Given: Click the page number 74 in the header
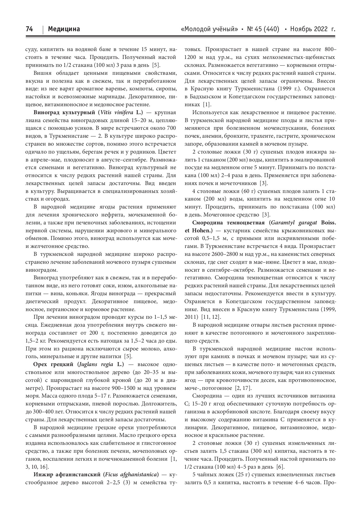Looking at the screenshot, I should click(x=29, y=29).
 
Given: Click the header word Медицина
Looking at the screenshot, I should click(x=64, y=29).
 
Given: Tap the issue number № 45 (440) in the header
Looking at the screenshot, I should click(x=263, y=29).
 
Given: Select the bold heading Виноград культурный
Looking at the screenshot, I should click(x=65, y=111).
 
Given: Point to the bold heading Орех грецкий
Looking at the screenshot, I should click(x=53, y=364).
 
